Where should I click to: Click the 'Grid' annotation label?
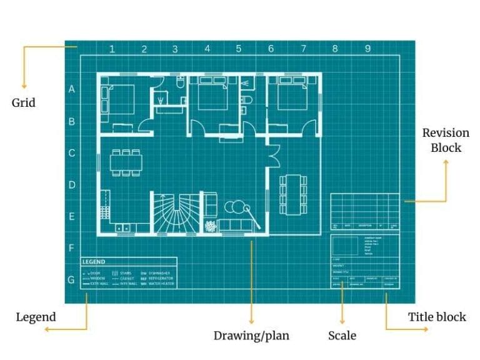tap(24, 102)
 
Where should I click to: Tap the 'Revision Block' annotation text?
tap(446, 141)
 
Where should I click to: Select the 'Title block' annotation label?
tap(437, 317)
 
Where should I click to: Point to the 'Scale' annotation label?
tap(342, 336)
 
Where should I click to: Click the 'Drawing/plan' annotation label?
tap(251, 336)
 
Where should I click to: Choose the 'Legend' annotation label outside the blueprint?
tap(36, 317)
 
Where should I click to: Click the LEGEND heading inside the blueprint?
tap(94, 262)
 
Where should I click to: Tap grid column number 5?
tap(239, 49)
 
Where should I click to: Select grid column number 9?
tap(367, 49)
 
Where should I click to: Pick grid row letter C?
tap(71, 153)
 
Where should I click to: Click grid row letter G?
tap(71, 280)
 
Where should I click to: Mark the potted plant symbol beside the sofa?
tap(210, 226)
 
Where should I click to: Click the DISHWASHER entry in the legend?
tap(159, 273)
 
